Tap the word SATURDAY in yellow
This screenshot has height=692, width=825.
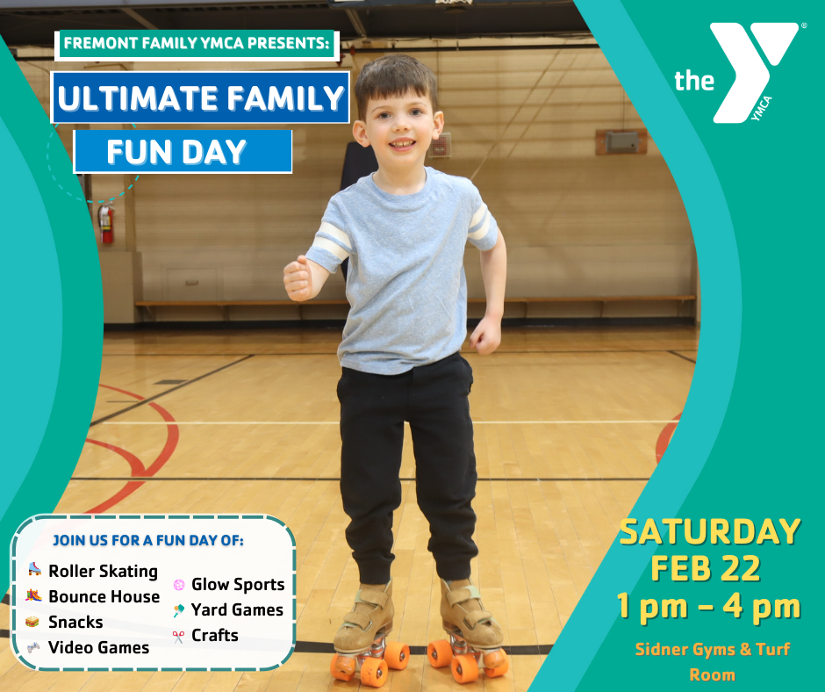tap(710, 532)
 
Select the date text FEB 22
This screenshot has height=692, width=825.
tap(706, 568)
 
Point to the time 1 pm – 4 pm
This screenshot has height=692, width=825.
tap(709, 607)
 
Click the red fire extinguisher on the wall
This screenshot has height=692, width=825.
tap(106, 223)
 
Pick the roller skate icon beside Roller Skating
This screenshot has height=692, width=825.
tap(34, 569)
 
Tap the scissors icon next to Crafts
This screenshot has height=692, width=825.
tap(178, 637)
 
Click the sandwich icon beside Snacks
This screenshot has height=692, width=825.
tap(32, 622)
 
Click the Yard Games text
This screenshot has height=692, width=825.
tap(237, 609)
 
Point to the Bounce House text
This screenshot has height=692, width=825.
tap(104, 596)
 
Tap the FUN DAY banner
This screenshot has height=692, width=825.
tap(183, 152)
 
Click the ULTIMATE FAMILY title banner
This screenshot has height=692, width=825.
tap(200, 97)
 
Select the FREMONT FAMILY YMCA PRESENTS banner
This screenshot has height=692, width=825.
tap(197, 44)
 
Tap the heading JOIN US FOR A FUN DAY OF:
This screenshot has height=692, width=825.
tap(147, 540)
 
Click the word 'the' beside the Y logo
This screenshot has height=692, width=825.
tap(694, 81)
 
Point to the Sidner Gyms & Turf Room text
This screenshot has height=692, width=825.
tap(713, 662)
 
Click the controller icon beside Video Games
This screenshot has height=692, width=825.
tap(33, 647)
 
